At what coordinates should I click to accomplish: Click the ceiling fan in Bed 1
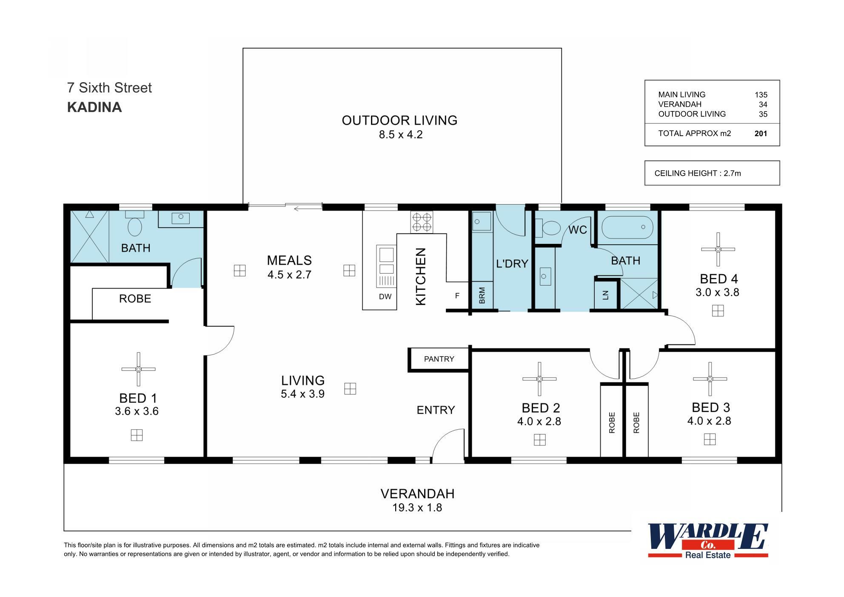point(138,369)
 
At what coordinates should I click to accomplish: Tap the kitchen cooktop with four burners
point(422,222)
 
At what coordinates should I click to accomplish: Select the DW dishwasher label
point(385,297)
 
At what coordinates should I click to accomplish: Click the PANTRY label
point(439,359)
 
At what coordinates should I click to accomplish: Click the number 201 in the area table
point(761,134)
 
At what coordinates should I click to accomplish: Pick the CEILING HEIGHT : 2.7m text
point(698,173)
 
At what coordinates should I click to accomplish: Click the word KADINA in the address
point(94,107)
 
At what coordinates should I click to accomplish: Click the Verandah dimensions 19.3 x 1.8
point(417,508)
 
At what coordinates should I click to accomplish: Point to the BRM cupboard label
point(482,295)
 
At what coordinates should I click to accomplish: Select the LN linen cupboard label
point(606,294)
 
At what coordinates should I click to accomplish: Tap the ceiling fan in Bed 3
point(710,379)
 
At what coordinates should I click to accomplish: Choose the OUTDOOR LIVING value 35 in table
point(763,114)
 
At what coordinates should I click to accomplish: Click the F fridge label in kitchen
point(457,295)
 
